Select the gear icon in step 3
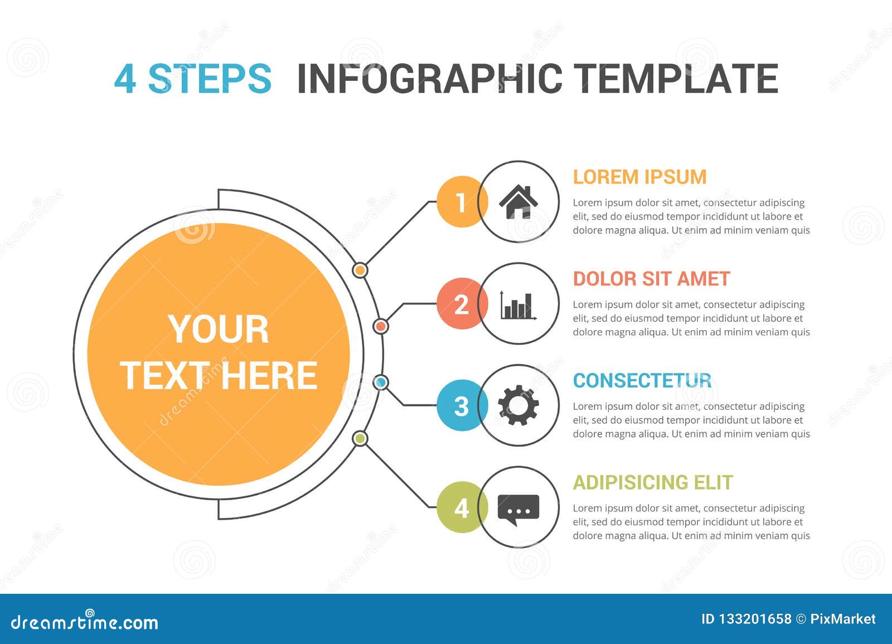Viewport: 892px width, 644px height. tap(518, 405)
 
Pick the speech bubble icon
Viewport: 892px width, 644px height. tap(518, 510)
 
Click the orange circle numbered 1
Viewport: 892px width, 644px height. tap(461, 202)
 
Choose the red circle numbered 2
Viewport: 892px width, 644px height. tap(461, 303)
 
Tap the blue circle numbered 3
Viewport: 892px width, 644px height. tap(461, 405)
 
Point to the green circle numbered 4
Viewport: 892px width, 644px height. tap(461, 507)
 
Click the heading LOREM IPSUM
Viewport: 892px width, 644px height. tap(639, 177)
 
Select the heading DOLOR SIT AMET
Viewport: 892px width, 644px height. tap(652, 279)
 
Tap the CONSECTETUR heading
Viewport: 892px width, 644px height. tap(642, 380)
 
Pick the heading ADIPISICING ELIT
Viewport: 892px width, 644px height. tap(653, 482)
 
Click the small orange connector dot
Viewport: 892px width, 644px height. tap(360, 270)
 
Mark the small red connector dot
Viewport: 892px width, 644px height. tap(381, 327)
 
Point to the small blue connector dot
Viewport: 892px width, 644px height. tap(381, 382)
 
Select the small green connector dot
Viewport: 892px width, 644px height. tap(360, 439)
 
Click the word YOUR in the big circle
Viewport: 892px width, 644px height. tap(218, 329)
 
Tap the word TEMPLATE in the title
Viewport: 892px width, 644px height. tap(676, 79)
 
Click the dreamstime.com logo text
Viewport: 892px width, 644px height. tap(84, 621)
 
